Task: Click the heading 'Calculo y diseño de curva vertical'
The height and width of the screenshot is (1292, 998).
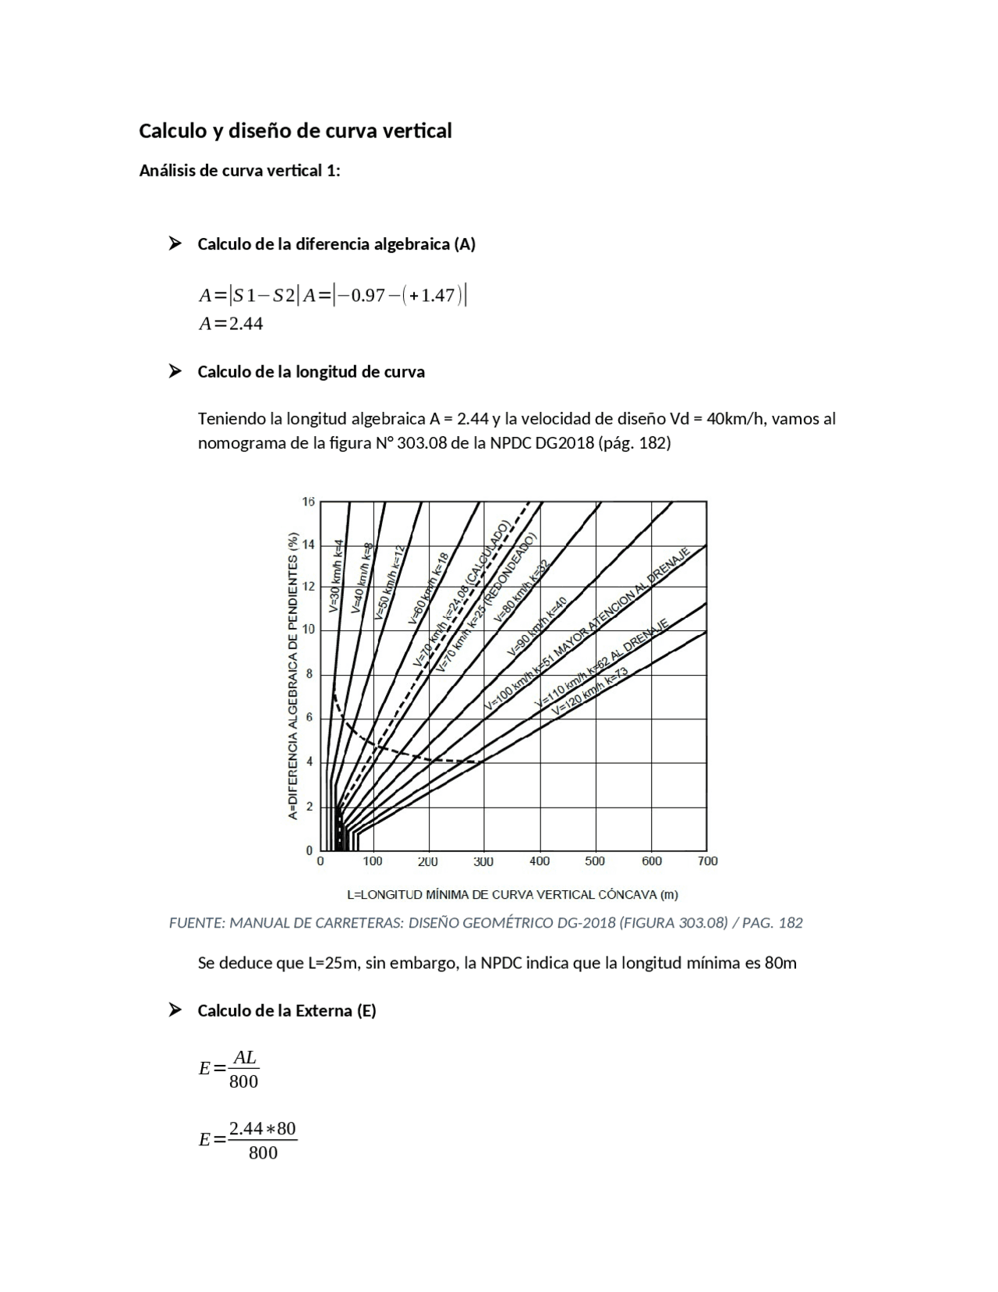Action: click(295, 130)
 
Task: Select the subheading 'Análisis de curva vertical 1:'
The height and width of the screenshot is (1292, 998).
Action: click(239, 171)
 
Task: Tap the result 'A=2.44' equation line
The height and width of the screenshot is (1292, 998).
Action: click(231, 324)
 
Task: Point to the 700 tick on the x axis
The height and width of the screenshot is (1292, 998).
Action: click(707, 861)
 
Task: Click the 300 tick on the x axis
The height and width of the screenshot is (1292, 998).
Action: click(483, 861)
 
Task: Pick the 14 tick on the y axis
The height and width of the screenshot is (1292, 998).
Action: click(309, 545)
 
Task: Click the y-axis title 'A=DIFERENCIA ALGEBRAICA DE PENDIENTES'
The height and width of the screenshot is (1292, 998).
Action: click(293, 676)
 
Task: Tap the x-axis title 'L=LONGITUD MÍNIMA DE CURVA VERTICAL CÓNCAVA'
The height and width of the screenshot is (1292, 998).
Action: click(512, 894)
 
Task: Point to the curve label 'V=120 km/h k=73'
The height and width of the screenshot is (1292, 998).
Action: click(589, 693)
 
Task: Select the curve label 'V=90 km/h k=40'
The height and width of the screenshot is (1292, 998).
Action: click(537, 626)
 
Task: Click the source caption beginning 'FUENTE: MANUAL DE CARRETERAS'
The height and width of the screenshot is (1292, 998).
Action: click(486, 923)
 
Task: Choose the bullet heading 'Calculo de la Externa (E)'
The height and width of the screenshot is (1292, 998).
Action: click(286, 1011)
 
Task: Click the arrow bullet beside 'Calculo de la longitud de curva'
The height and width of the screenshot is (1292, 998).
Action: click(175, 371)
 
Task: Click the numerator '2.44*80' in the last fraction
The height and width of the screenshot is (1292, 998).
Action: click(263, 1129)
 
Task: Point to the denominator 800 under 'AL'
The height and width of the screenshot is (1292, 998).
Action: click(243, 1081)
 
